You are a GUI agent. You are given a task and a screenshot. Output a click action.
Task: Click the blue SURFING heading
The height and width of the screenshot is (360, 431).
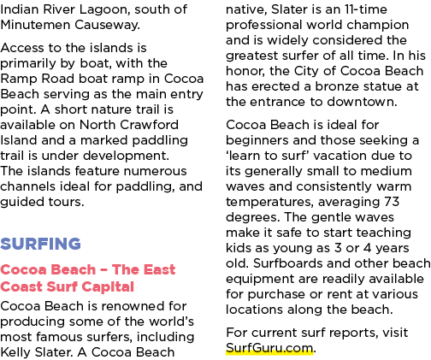(40, 244)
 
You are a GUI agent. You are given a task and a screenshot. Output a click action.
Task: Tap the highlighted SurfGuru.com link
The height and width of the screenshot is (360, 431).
(269, 348)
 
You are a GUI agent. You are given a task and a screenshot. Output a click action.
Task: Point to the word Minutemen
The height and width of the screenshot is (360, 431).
(35, 25)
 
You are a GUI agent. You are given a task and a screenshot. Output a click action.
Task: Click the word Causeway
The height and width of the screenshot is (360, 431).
(108, 26)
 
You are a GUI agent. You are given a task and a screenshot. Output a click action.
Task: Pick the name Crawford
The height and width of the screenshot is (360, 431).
(150, 125)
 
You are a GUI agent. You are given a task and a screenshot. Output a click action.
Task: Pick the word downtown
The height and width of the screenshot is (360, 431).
(362, 102)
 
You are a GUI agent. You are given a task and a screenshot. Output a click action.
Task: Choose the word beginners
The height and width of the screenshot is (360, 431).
(257, 141)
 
